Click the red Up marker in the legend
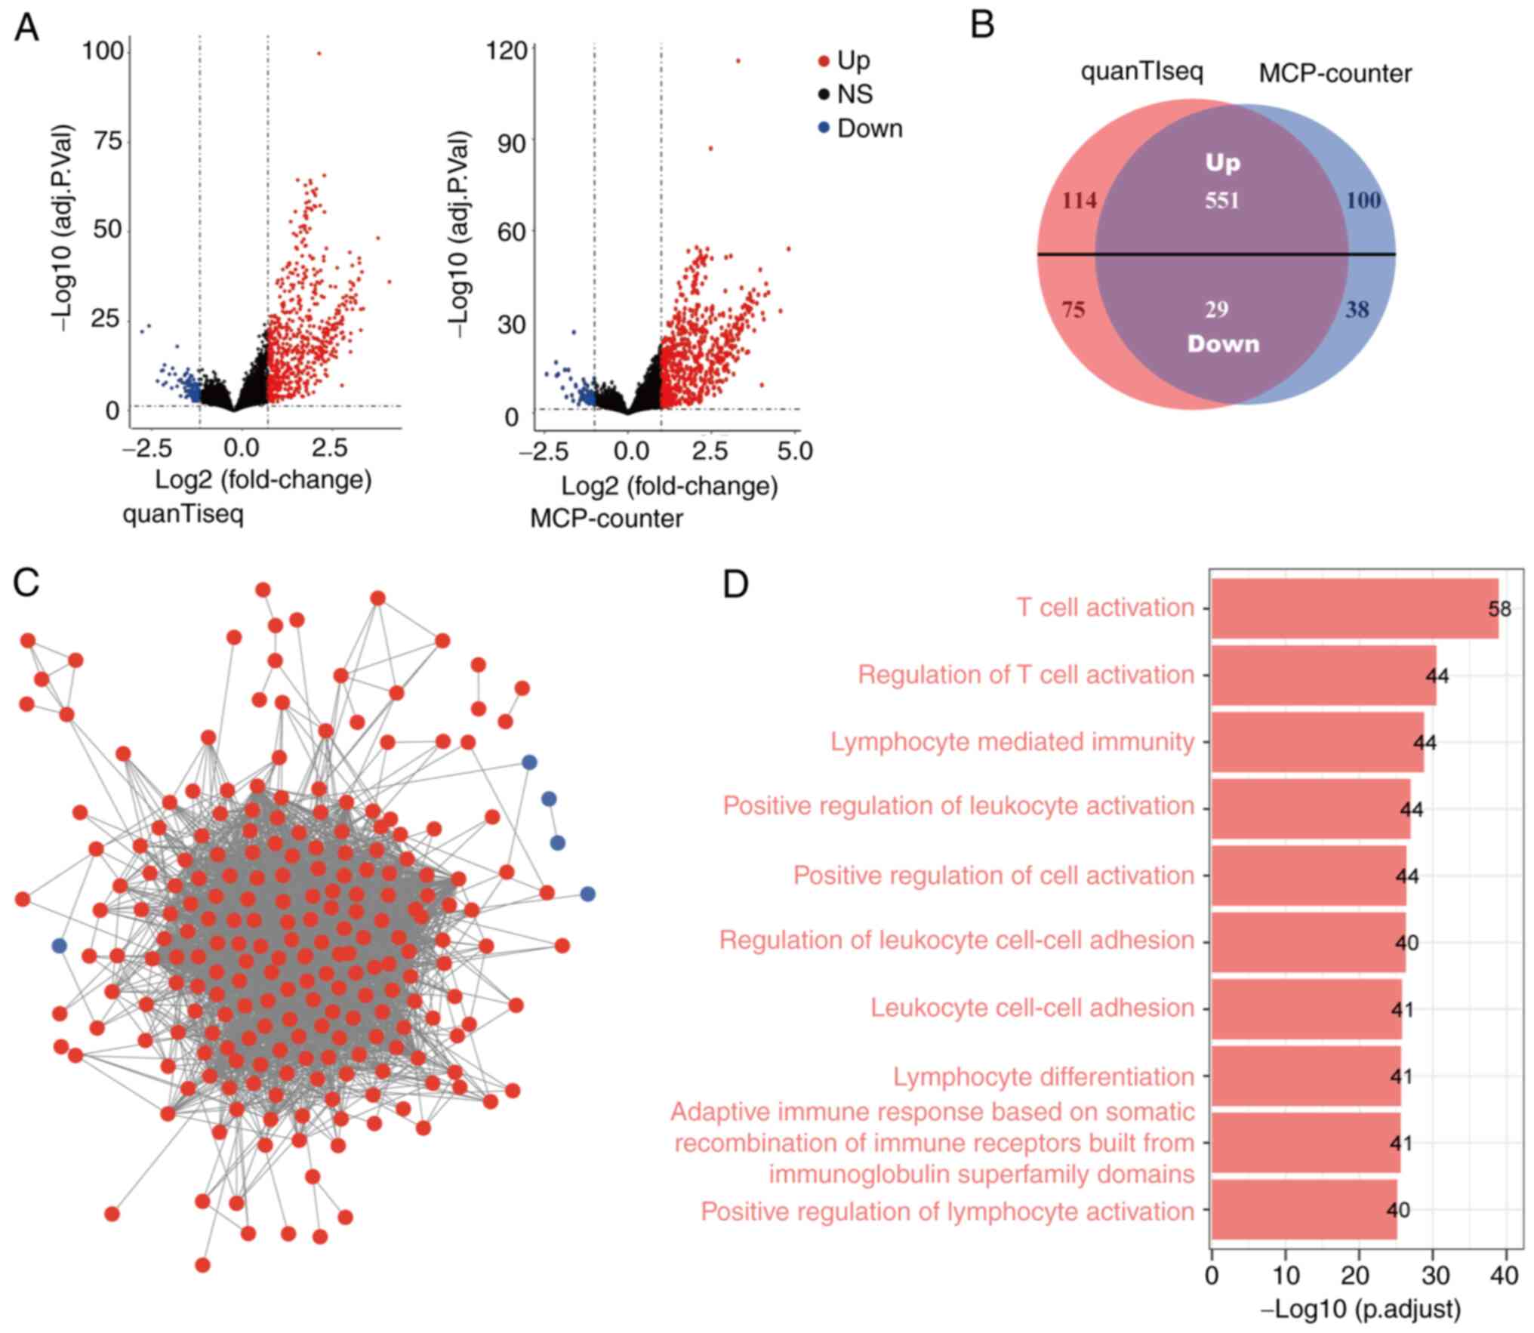(824, 60)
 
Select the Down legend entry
(869, 129)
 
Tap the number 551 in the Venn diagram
(1221, 201)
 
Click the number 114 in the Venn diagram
(1079, 201)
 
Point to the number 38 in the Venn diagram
(1357, 309)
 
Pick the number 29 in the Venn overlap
(1216, 309)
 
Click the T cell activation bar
(1354, 608)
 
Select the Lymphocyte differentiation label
(1043, 1077)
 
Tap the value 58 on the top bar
(1499, 609)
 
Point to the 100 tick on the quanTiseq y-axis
(103, 51)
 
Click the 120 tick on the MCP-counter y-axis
(506, 51)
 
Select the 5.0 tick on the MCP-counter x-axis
(795, 451)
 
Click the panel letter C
(26, 583)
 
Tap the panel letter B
(981, 25)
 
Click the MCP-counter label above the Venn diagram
(1335, 74)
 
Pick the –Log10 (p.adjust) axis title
(1360, 1308)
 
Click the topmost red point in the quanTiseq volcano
(319, 54)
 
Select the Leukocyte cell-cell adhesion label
(1032, 1008)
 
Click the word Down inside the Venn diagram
(1223, 344)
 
